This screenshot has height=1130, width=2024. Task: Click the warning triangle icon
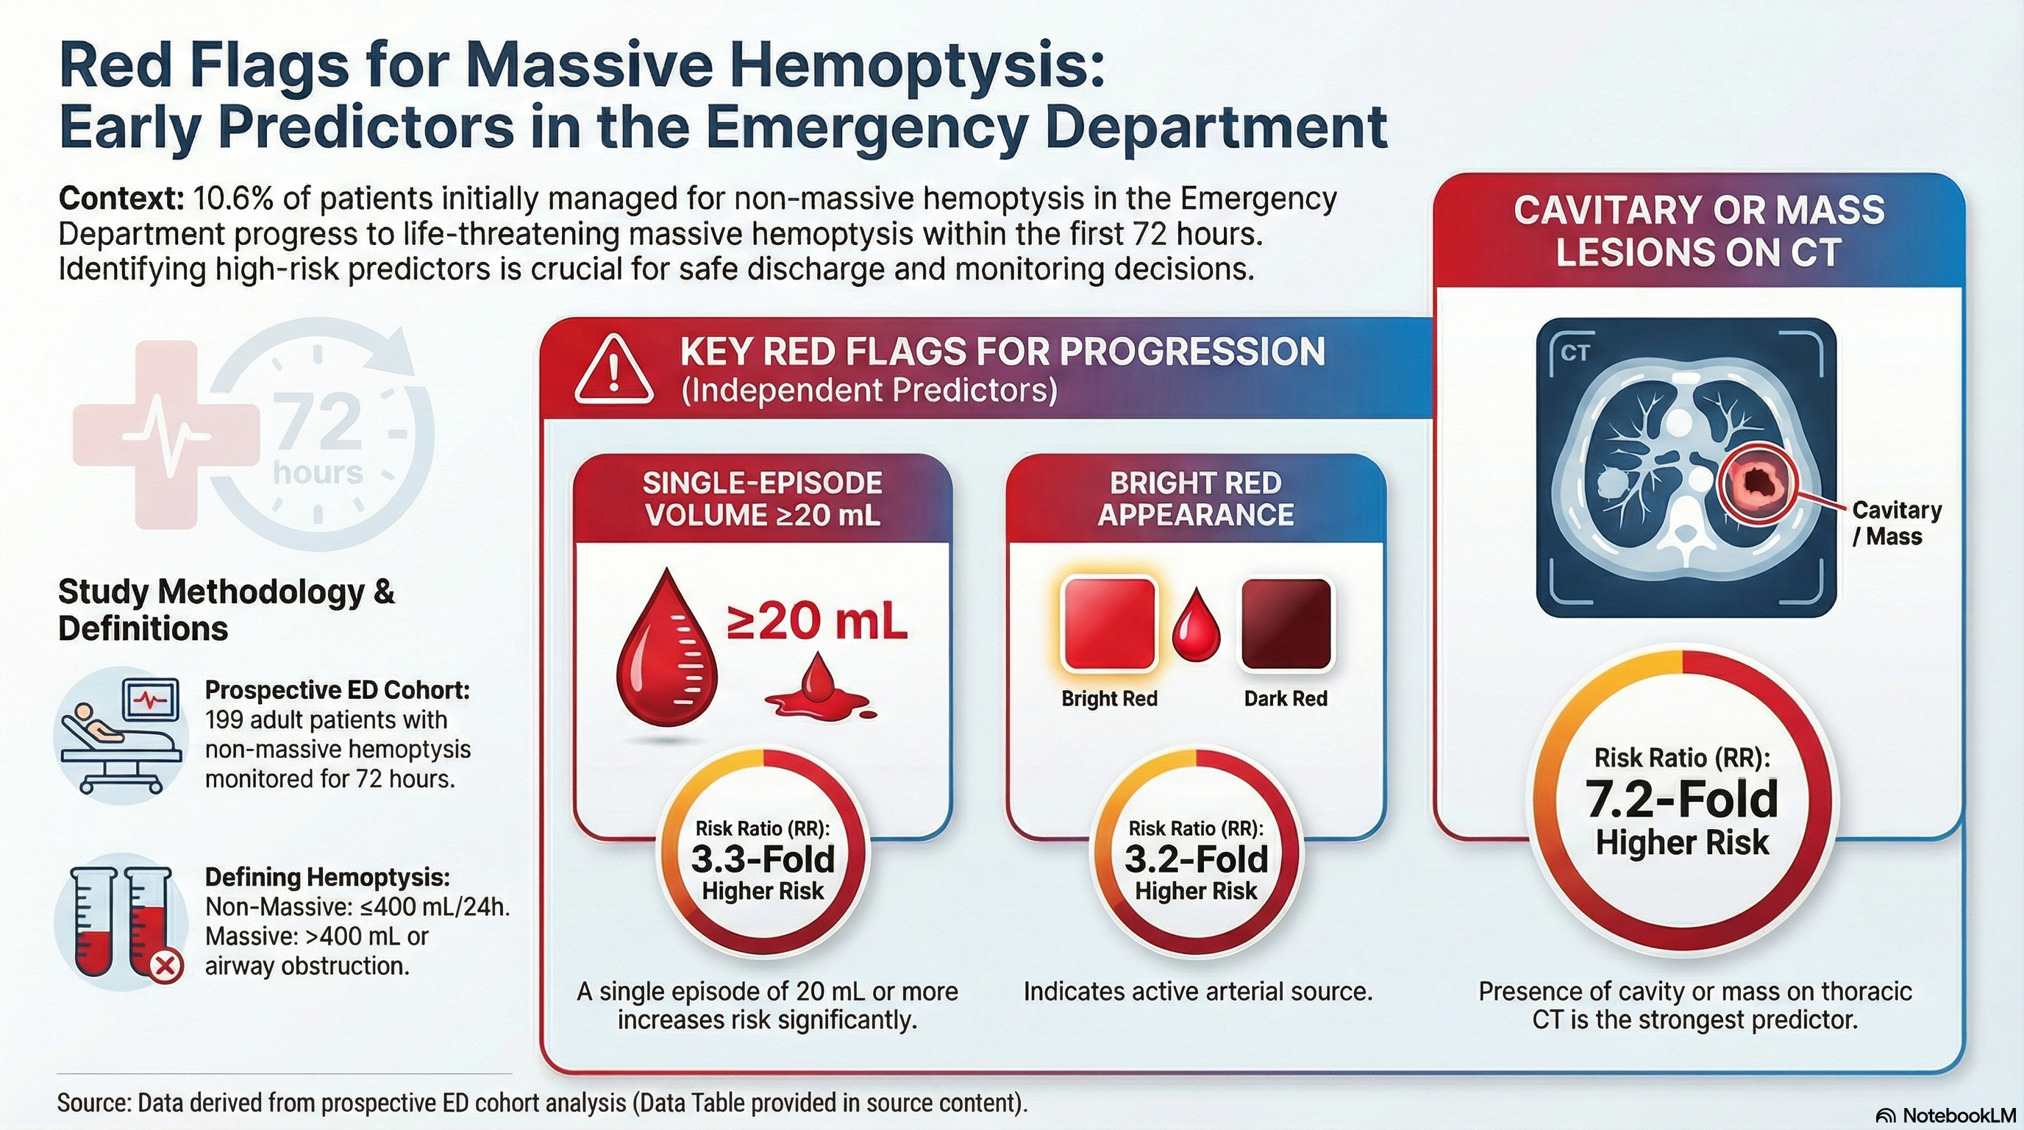[613, 369]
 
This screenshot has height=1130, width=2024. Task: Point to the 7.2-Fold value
[1681, 799]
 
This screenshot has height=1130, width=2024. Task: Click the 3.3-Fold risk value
[763, 859]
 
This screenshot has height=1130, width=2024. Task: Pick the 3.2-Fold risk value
[1196, 859]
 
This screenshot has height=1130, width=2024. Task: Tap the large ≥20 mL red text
[816, 622]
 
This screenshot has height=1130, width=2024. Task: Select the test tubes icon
[121, 922]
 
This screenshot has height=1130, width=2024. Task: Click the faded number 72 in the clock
[317, 423]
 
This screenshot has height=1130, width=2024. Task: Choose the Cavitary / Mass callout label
[1896, 523]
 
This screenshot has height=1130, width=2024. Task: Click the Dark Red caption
[1286, 699]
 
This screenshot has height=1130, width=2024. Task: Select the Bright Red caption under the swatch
[1108, 699]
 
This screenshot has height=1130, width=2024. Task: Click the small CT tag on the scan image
[1575, 354]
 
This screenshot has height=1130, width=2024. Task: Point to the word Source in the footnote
[93, 1103]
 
